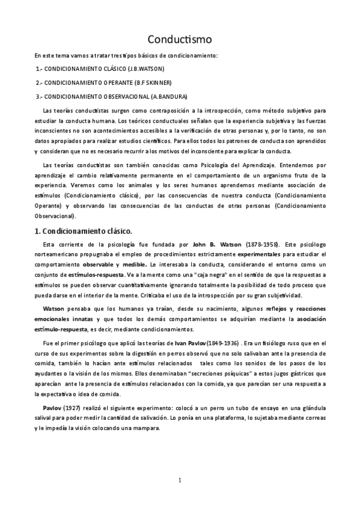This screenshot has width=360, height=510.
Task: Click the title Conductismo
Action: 180,39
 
